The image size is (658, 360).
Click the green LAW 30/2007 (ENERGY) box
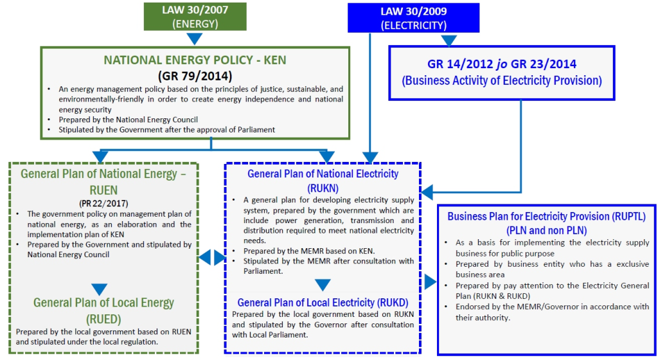coord(195,16)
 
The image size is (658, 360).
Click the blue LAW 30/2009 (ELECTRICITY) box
coord(413,17)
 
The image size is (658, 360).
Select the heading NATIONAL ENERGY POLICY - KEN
coord(195,60)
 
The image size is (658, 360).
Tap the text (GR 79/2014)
coord(195,76)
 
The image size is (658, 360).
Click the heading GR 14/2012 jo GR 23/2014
coord(502,64)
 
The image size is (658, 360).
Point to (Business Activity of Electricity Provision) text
coord(502,80)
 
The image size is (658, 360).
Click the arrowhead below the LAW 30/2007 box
coord(195,39)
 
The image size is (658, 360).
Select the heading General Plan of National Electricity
coord(323,174)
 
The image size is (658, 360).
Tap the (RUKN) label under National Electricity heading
coord(323,188)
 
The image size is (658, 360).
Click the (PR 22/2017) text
coord(103,204)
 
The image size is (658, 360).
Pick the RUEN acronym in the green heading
coord(103,190)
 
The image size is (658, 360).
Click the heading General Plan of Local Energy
coord(103,303)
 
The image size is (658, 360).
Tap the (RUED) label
coord(103,319)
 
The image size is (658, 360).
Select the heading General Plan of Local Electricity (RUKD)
coord(323,303)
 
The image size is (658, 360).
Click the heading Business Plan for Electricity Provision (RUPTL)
coord(546,217)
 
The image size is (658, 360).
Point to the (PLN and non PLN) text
coord(546,230)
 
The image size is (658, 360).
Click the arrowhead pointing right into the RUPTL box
coord(431,282)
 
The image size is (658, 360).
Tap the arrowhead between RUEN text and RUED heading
coord(100,289)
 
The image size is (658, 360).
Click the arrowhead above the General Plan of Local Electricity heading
coord(323,285)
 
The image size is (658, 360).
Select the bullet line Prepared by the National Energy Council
coord(128,120)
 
